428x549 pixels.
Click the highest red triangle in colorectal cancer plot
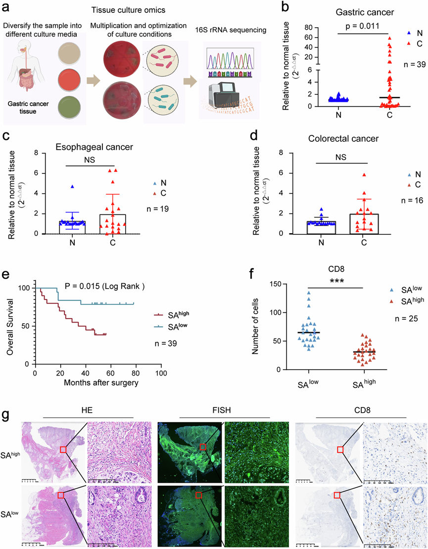click(x=364, y=175)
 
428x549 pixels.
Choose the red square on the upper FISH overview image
click(x=202, y=447)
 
